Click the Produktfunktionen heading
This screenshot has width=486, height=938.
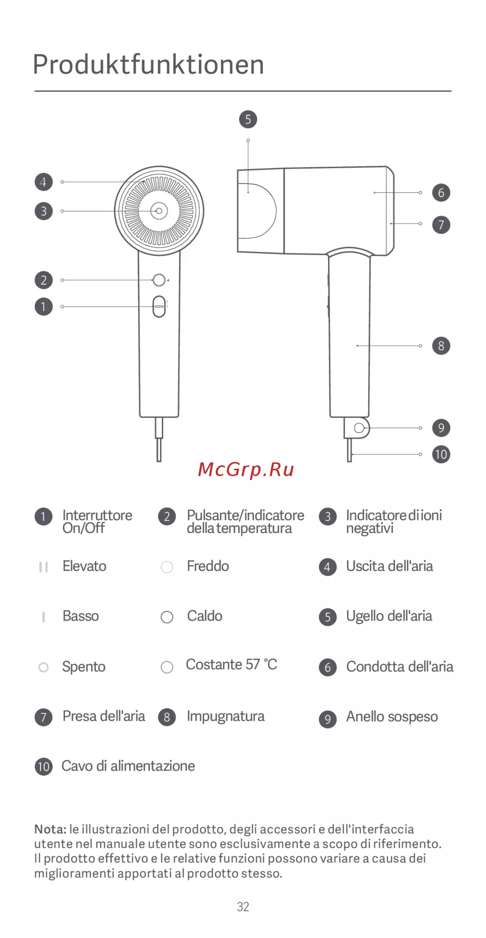[x=149, y=65]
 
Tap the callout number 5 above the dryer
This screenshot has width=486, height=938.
[x=248, y=119]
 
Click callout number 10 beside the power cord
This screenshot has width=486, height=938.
[x=441, y=455]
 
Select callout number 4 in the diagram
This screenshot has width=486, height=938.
[x=43, y=182]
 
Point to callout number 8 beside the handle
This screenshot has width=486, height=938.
[x=441, y=346]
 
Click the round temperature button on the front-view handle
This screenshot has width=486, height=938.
[x=159, y=280]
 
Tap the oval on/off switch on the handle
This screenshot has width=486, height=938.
[x=159, y=306]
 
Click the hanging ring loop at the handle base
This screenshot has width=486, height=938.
[x=359, y=428]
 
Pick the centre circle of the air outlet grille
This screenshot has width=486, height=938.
[x=159, y=211]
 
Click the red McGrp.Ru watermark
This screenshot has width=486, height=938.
[x=246, y=470]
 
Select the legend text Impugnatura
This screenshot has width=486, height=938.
[x=226, y=716]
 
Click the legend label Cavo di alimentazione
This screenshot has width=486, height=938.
[x=128, y=766]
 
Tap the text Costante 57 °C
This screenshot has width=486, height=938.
[x=231, y=664]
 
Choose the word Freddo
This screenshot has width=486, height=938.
[x=208, y=566]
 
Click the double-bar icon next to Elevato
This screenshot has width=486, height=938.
[x=43, y=567]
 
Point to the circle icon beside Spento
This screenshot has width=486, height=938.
[x=43, y=667]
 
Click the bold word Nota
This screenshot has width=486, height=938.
[x=50, y=829]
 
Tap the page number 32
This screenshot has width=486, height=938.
[x=243, y=907]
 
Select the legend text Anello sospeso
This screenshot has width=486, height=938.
[x=392, y=717]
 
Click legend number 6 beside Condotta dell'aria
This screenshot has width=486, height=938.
[x=328, y=668]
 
